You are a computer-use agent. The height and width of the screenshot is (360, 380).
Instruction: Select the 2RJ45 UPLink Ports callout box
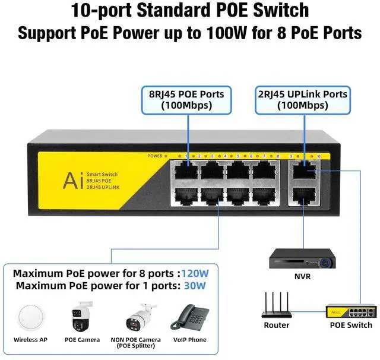click(302, 99)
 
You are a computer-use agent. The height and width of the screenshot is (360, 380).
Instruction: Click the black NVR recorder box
click(302, 257)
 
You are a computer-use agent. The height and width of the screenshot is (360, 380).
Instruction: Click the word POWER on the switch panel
click(154, 156)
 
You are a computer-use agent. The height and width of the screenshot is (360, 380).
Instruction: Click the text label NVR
click(302, 276)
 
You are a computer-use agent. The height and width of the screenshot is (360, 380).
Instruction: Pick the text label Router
click(277, 325)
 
